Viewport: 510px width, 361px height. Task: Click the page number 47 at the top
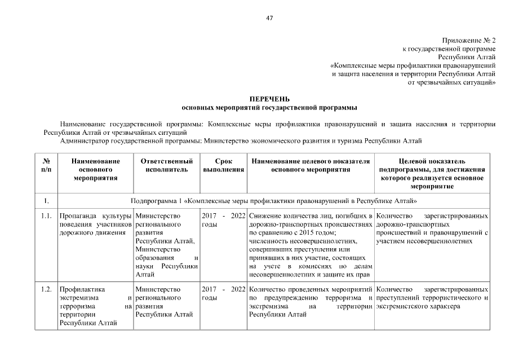[269, 18]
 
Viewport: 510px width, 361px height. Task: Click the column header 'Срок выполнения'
[223, 165]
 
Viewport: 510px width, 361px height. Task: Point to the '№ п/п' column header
[47, 165]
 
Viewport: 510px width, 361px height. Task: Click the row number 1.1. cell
[47, 216]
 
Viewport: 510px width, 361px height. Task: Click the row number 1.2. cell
[47, 289]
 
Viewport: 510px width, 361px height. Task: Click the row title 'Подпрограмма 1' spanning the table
[273, 200]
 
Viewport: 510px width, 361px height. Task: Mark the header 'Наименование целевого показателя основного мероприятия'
[311, 165]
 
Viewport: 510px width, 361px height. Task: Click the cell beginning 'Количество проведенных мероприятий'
[311, 302]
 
